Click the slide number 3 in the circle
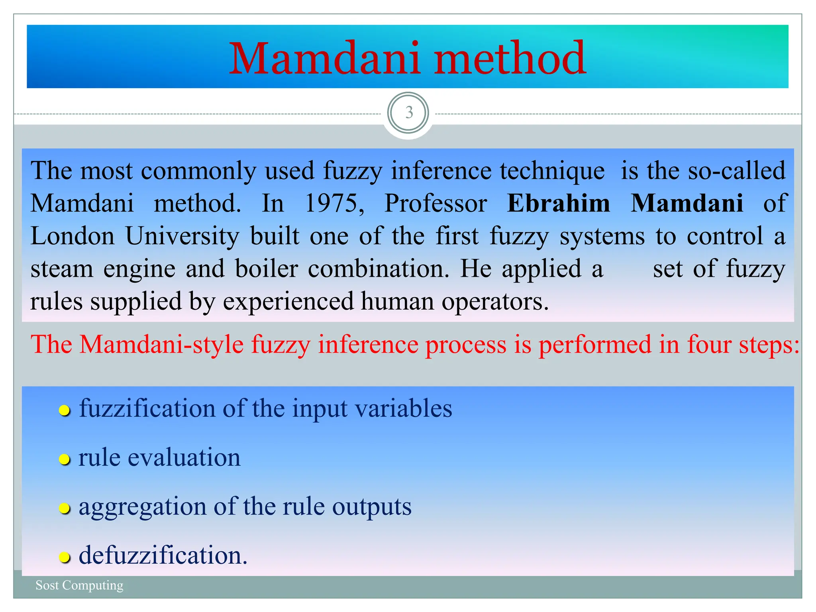pos(408,113)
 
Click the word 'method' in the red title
pos(510,59)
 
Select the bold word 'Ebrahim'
pos(558,204)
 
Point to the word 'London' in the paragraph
pos(73,236)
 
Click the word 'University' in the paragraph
pos(182,236)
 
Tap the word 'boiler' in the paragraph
pos(266,269)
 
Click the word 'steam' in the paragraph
pos(62,269)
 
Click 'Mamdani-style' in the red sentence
pos(161,345)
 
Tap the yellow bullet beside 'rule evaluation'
pos(65,459)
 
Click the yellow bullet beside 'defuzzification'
pos(65,557)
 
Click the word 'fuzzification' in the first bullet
pos(147,409)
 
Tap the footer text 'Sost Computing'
pos(79,585)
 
